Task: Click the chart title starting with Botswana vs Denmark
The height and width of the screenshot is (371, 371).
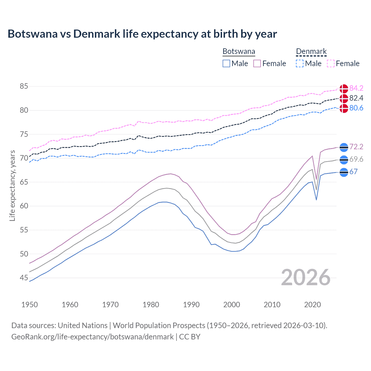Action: [x=142, y=34]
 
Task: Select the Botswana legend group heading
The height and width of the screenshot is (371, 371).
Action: [x=239, y=52]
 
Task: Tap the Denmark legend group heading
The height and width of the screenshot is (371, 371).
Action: [x=311, y=52]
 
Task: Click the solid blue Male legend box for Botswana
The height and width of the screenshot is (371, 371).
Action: [x=226, y=63]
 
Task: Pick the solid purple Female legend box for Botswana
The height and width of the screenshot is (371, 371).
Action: [x=257, y=63]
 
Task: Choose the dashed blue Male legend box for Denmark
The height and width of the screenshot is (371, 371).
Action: [x=300, y=63]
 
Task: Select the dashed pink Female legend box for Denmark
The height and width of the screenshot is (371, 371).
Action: [x=331, y=63]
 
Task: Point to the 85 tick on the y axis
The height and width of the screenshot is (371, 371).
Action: [x=24, y=86]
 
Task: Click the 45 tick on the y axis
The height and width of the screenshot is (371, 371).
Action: [x=24, y=278]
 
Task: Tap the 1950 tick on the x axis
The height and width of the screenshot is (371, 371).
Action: [x=30, y=305]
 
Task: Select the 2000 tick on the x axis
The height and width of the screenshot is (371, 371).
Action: [x=232, y=305]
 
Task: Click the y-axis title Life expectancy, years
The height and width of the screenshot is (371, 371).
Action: [x=12, y=185]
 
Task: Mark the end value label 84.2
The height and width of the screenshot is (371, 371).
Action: [x=356, y=88]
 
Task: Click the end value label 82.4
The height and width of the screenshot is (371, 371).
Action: [x=356, y=98]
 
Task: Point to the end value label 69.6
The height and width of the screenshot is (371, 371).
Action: [x=356, y=159]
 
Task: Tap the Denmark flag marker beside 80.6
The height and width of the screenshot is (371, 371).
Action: [x=344, y=108]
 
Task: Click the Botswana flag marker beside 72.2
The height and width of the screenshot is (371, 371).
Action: [x=344, y=147]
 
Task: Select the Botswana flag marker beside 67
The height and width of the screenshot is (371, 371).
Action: [x=344, y=172]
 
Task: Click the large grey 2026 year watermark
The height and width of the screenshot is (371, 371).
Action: [x=306, y=277]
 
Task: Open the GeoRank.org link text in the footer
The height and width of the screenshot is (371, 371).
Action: [x=92, y=337]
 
